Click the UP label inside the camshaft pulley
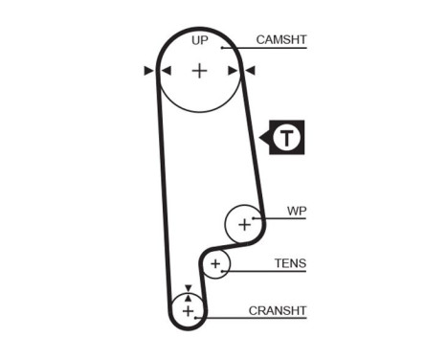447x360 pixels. pyautogui.click(x=199, y=40)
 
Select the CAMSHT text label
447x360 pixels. pyautogui.click(x=280, y=40)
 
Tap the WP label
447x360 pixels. pyautogui.click(x=297, y=212)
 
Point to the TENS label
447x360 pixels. pyautogui.click(x=290, y=263)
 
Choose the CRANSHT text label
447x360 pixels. pyautogui.click(x=278, y=311)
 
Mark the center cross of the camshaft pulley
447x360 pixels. pyautogui.click(x=199, y=71)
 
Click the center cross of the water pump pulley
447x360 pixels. pyautogui.click(x=243, y=224)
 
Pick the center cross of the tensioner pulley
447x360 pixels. pyautogui.click(x=216, y=263)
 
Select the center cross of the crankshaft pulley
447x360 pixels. pyautogui.click(x=188, y=310)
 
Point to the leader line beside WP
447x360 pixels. pyautogui.click(x=282, y=219)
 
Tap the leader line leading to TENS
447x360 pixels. pyautogui.click(x=268, y=272)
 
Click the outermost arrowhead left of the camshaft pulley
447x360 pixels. pyautogui.click(x=148, y=71)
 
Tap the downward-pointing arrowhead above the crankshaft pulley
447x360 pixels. pyautogui.click(x=188, y=287)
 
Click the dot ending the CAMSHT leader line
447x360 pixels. pyautogui.click(x=221, y=48)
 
